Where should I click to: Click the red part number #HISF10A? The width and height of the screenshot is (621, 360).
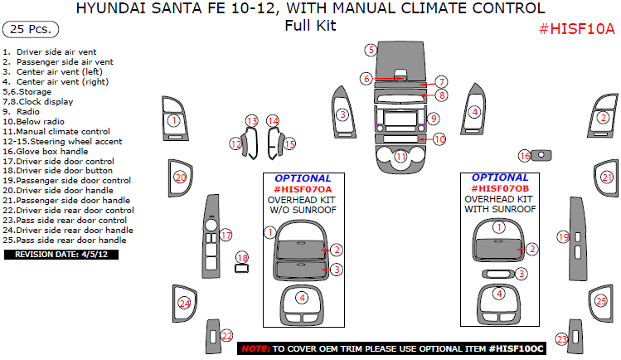tap(577, 29)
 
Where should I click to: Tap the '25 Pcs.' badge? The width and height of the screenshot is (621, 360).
tap(31, 29)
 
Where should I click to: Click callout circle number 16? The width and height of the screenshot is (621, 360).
tap(524, 155)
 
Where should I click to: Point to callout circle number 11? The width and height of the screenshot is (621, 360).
tap(401, 156)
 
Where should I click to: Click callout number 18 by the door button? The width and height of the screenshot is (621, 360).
tap(241, 258)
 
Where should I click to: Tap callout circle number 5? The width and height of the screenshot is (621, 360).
tap(371, 50)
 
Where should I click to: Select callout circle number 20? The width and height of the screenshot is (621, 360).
tap(180, 177)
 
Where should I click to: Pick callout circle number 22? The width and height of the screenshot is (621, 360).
tap(226, 336)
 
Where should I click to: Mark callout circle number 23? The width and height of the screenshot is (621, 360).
tap(561, 338)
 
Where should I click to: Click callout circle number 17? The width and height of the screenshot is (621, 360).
tap(226, 236)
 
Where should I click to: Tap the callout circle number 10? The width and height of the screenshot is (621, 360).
tap(439, 139)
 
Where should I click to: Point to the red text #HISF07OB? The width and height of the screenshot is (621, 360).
tap(499, 189)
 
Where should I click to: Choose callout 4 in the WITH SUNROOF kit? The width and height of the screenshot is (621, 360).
tap(498, 294)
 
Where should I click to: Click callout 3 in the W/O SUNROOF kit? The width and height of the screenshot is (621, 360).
tap(336, 270)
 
